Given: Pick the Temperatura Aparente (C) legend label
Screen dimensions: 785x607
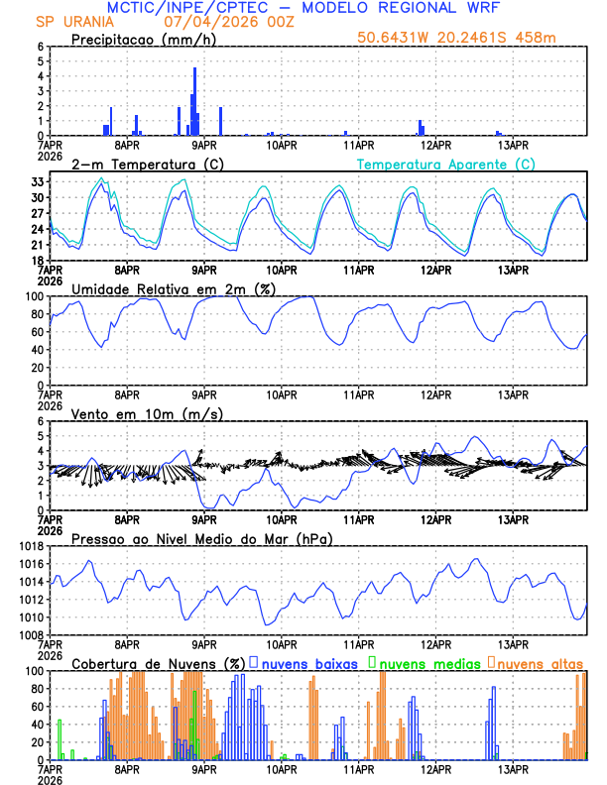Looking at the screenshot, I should click(x=446, y=164).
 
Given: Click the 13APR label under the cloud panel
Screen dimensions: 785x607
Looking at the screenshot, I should click(x=512, y=768).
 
